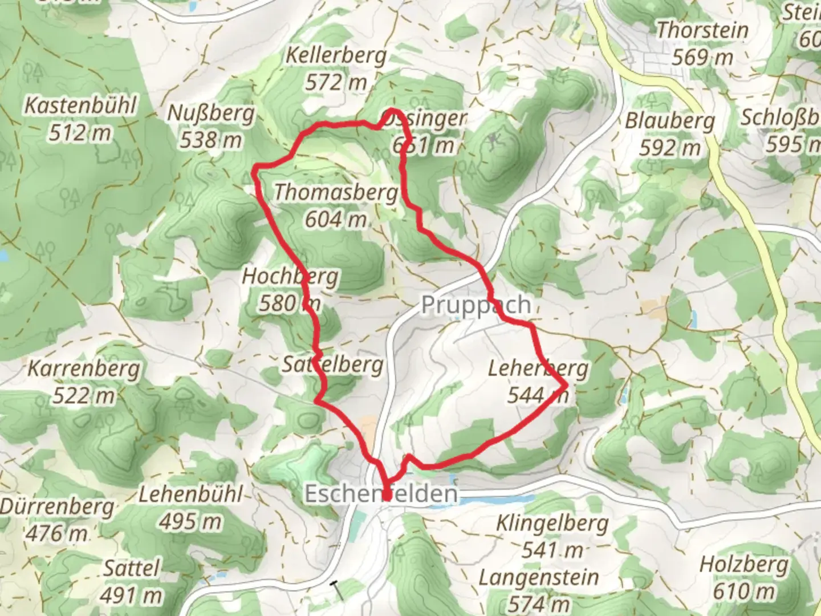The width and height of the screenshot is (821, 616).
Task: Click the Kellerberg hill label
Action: [x=336, y=56]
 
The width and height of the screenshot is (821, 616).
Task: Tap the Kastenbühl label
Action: [x=80, y=106]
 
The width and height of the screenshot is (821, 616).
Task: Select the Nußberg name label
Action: [x=210, y=114]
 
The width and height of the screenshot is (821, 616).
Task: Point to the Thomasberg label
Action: [x=336, y=192]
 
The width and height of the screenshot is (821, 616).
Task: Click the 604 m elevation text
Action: [x=336, y=219]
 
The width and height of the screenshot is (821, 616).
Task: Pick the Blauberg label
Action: [x=670, y=121]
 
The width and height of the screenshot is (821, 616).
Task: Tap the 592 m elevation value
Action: [x=670, y=148]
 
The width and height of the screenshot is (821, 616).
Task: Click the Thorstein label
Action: [x=702, y=30]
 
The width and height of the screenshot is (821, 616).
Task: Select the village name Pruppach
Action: [x=476, y=305]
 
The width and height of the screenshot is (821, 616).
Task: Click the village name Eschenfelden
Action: [x=381, y=493]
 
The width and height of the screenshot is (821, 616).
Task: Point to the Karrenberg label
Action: [x=84, y=368]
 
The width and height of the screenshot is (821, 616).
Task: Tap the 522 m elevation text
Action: [x=84, y=395]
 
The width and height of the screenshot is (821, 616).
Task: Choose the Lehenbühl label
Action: [x=191, y=494]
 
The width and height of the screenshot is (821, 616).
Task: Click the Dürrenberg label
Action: [x=57, y=506]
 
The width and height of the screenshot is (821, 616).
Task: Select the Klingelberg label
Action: [x=552, y=523]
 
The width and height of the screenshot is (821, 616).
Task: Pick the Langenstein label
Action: [x=539, y=578]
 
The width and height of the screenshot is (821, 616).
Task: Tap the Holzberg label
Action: [x=744, y=565]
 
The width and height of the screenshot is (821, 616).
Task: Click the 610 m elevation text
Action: [x=744, y=591]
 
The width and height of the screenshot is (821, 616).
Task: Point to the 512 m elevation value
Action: [x=80, y=133]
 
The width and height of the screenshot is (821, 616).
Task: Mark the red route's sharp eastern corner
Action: [x=566, y=386]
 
